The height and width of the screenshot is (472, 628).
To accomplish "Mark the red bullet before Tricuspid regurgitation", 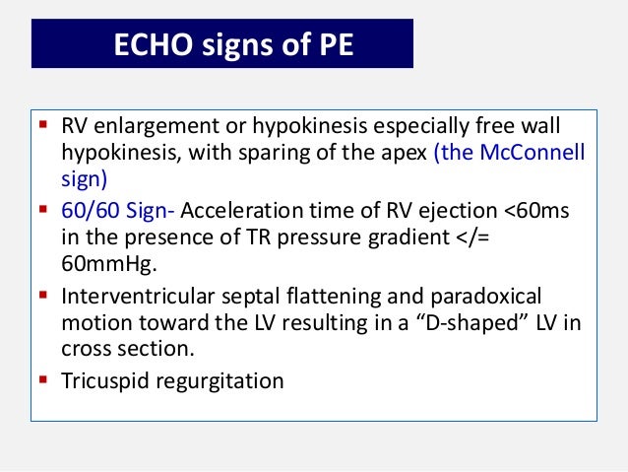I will pos(44,378).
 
